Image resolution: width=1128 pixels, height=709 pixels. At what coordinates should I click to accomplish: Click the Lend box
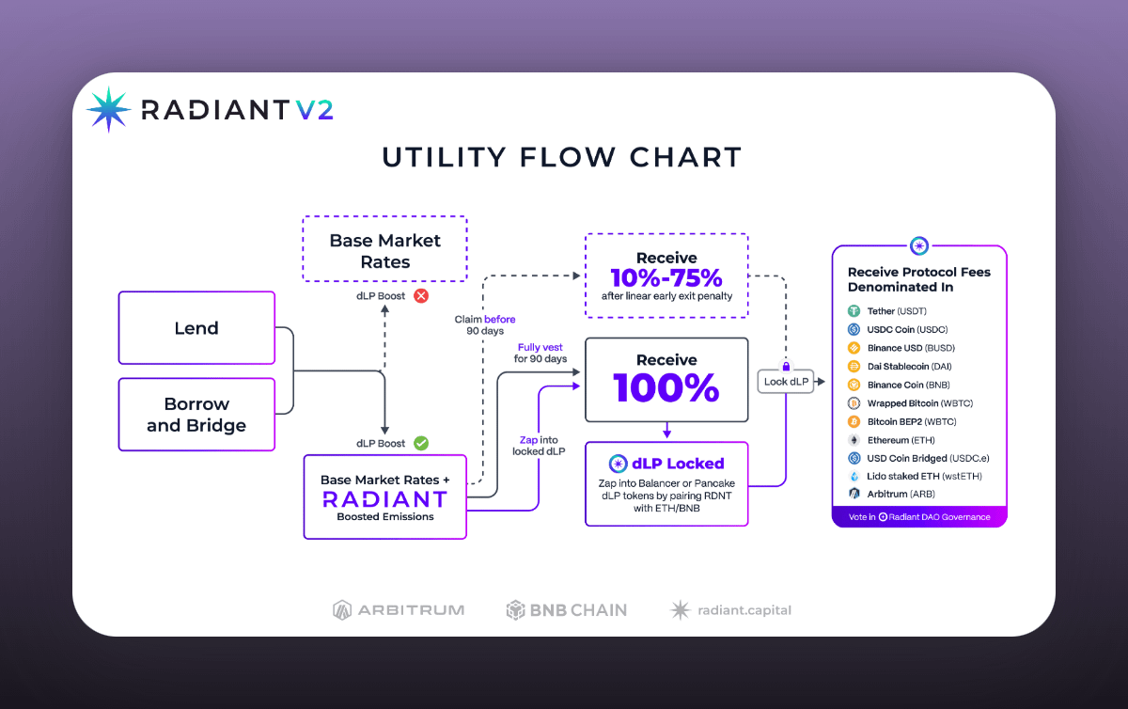pos(196,327)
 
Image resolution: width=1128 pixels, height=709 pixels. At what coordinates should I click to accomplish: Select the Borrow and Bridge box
pos(196,415)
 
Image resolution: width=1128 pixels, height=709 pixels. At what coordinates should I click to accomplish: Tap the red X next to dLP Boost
pos(421,296)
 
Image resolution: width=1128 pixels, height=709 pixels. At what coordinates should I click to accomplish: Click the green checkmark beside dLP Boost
pos(421,443)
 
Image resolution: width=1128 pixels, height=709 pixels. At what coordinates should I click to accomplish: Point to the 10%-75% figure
pos(666,277)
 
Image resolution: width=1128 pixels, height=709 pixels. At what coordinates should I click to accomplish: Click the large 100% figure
pos(666,387)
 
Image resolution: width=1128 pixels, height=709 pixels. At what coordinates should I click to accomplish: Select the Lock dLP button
pos(786,382)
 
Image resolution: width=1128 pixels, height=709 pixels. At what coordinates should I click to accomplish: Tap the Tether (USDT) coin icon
pos(854,311)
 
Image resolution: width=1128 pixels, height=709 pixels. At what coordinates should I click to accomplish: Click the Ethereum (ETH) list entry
pos(892,440)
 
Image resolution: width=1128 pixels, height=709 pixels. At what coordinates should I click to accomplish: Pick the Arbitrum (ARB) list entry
pos(892,494)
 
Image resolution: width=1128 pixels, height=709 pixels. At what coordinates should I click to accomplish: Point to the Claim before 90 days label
pos(484,325)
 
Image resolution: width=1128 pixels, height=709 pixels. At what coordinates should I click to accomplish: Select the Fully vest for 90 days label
pos(540,353)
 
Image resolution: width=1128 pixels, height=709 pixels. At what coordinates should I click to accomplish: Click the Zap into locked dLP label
pos(539,446)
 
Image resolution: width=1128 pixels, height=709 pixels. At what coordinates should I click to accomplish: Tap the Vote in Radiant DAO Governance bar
pos(919,517)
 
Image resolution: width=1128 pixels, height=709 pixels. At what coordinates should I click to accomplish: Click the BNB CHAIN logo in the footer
pos(567,610)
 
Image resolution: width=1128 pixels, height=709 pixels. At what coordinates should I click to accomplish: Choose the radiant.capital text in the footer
pos(744,610)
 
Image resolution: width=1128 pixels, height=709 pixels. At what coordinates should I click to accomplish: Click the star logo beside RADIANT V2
pos(109,109)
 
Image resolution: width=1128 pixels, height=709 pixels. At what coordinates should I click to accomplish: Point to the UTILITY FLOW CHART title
pos(562,157)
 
